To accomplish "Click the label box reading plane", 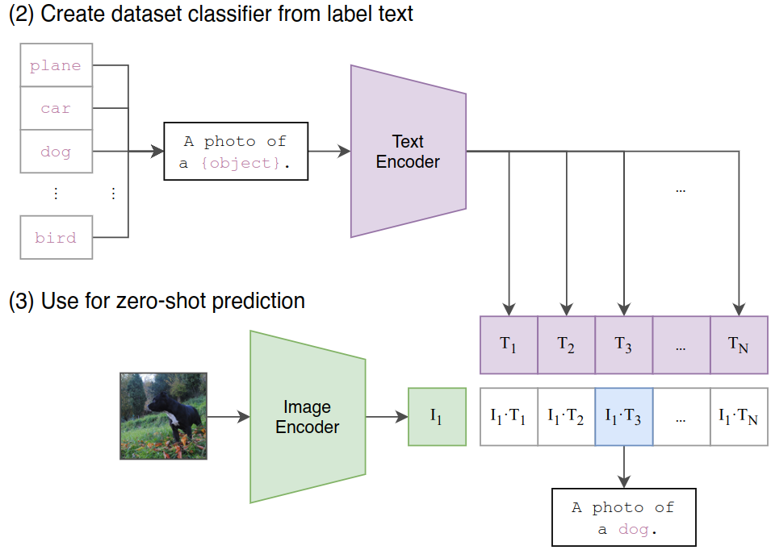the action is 56,65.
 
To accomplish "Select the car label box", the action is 56,108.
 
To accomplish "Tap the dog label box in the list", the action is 56,152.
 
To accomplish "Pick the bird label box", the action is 56,237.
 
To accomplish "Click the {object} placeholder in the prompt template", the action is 240,163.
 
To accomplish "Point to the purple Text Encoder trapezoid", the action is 409,152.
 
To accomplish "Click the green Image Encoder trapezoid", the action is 308,417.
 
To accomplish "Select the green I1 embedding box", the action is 437,417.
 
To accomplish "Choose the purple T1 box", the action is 509,344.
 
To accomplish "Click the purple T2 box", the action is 566,344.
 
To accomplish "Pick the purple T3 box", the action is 623,344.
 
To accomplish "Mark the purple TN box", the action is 739,344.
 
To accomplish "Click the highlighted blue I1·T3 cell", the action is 623,417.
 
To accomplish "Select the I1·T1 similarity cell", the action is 509,417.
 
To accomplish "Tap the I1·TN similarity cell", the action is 739,417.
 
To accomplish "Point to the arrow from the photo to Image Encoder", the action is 228,417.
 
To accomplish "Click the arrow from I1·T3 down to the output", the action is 623,467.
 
